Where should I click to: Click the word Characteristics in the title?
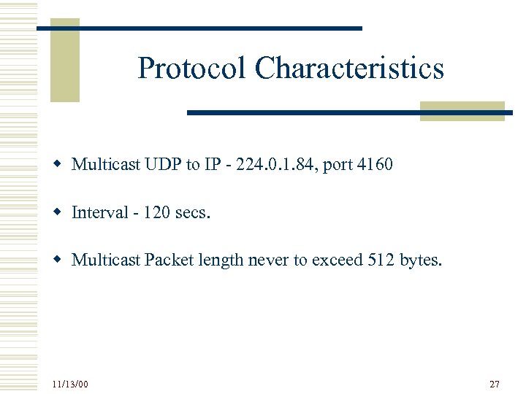(349, 69)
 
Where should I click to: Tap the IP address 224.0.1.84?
(274, 165)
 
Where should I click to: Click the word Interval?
(99, 212)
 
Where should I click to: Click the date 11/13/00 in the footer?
(70, 384)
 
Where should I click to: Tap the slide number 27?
(495, 384)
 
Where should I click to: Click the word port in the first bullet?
(338, 166)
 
